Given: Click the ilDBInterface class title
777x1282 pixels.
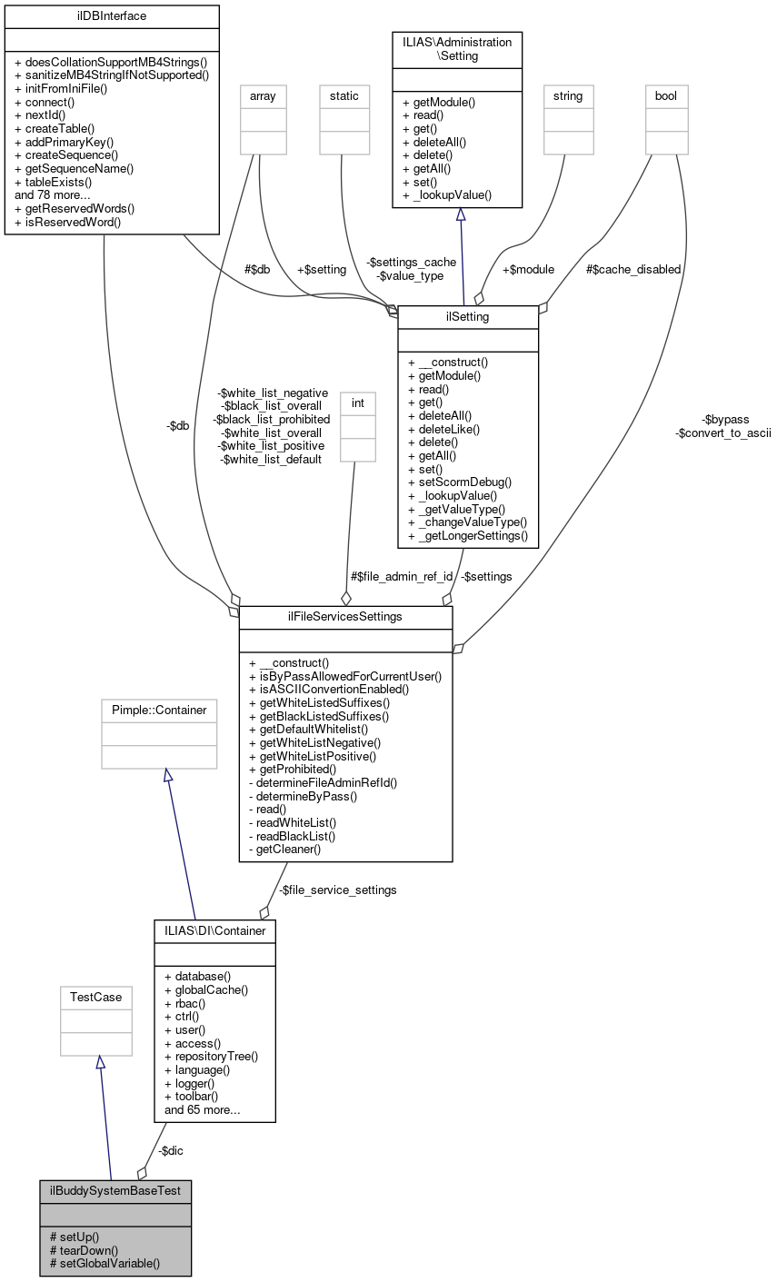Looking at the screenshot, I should (x=112, y=16).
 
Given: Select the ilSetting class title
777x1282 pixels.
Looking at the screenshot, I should (x=468, y=317).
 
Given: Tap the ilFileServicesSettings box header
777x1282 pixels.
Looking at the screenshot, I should (x=345, y=618).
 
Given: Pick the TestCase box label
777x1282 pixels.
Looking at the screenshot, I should (x=96, y=998).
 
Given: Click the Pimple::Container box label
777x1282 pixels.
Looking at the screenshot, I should (x=159, y=709).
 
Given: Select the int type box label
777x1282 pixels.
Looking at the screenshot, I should (x=357, y=402).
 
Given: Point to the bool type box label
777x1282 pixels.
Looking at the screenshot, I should (x=666, y=95).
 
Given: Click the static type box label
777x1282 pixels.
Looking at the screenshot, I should (x=344, y=95).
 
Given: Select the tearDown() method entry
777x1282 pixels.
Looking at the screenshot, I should (x=89, y=1249).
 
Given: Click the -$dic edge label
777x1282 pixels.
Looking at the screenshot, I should (x=170, y=1150).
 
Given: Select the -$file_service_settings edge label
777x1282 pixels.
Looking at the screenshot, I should (x=337, y=890).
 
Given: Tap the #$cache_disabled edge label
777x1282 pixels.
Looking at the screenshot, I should (x=633, y=269).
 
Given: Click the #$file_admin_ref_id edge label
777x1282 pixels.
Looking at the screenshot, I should (x=401, y=576).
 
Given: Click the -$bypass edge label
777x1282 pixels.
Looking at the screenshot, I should (x=725, y=419).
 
